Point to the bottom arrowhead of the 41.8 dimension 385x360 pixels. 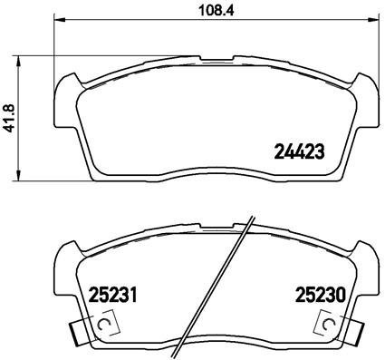[23, 176]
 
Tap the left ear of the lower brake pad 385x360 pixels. [66, 258]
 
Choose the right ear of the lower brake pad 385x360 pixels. [368, 258]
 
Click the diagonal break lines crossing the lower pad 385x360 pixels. [217, 290]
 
